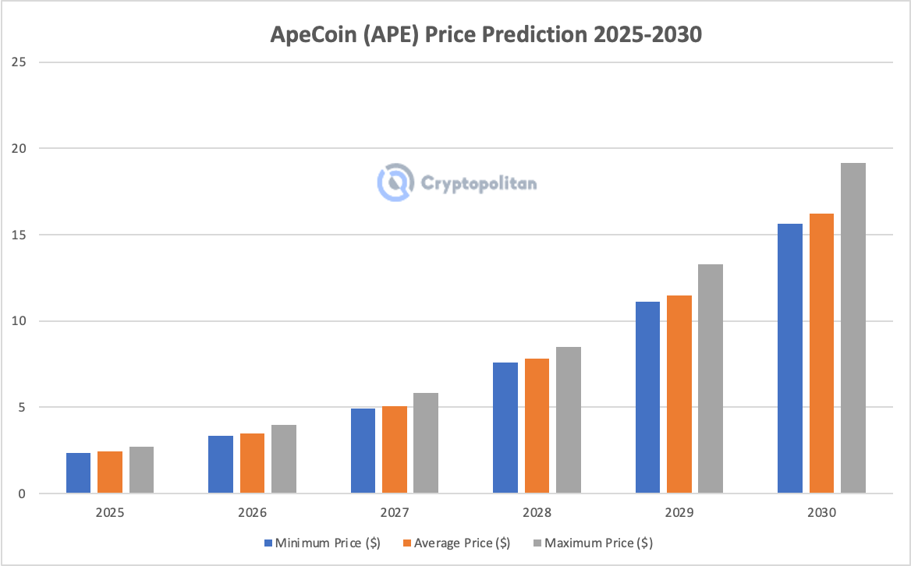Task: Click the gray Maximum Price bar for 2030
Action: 853,328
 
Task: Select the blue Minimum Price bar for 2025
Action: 78,473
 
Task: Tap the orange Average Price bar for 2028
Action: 537,426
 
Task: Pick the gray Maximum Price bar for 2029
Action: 711,379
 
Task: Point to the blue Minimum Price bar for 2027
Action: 363,451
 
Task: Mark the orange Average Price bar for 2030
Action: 821,353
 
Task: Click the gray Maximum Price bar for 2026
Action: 284,459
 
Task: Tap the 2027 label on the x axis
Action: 395,514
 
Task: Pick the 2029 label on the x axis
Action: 679,514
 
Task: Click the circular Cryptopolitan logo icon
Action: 395,182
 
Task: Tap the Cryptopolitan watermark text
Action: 479,183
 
